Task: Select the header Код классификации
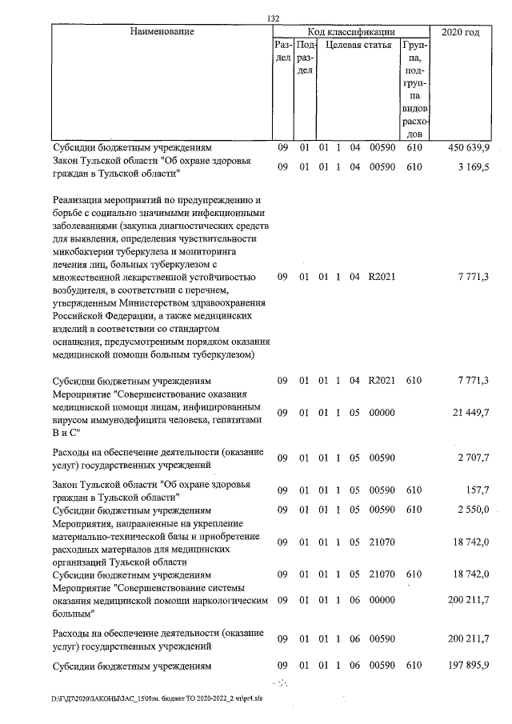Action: point(346,32)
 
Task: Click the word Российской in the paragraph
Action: point(82,315)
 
